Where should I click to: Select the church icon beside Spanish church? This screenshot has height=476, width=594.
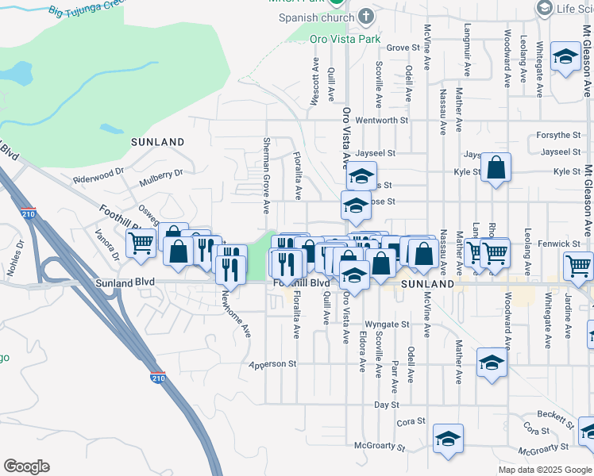[x=364, y=16]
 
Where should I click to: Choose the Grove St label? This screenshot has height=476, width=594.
[x=403, y=48]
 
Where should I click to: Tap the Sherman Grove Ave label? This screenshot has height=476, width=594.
[x=266, y=175]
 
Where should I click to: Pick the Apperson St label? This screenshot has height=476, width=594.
[x=272, y=364]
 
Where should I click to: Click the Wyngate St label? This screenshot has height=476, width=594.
[x=387, y=324]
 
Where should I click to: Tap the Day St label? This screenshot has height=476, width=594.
[x=386, y=405]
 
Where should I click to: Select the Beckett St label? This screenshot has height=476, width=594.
[x=555, y=416]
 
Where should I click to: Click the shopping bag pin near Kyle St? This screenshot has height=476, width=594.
[x=496, y=167]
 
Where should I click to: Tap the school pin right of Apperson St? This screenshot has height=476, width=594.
[x=492, y=363]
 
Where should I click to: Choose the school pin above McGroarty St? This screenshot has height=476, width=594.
[x=448, y=439]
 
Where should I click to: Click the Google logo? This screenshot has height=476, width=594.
[x=26, y=466]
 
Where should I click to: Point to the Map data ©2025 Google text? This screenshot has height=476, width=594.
[x=545, y=470]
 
